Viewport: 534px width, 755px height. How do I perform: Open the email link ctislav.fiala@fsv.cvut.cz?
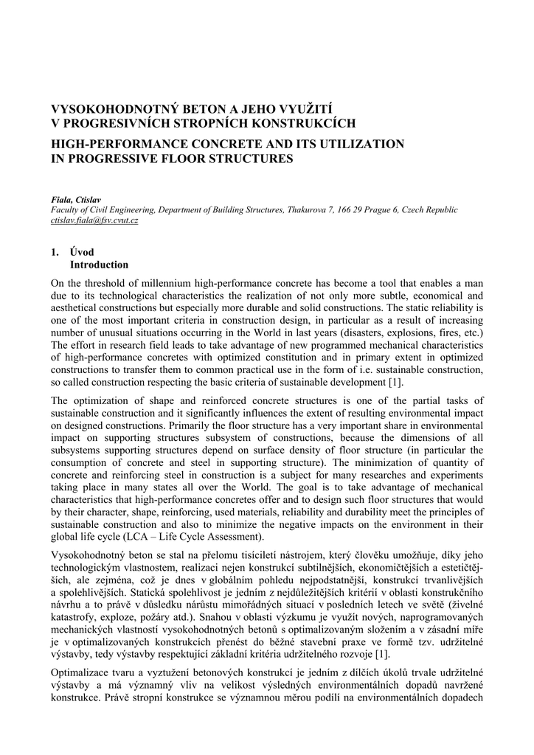click(94, 220)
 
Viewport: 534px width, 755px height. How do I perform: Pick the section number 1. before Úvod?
click(55, 252)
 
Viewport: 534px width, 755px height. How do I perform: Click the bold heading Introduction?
click(99, 265)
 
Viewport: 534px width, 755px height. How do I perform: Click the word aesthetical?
click(77, 307)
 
